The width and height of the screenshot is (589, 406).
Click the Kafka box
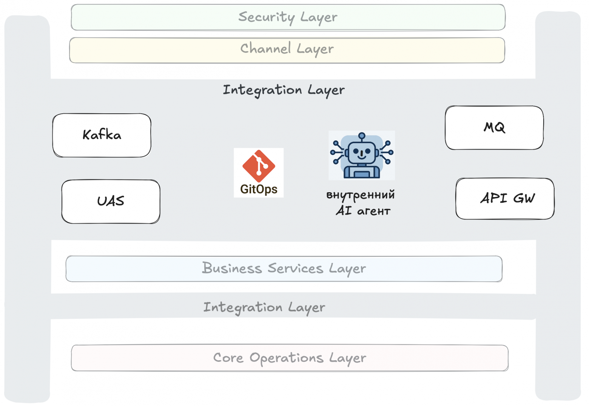click(102, 136)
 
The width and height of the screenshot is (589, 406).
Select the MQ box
click(494, 128)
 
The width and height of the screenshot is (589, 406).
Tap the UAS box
click(111, 202)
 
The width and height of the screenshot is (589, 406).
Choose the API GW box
click(505, 199)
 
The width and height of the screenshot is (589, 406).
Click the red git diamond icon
click(259, 166)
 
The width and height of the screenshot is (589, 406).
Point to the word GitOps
click(259, 189)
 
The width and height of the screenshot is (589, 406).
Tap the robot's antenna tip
click(362, 136)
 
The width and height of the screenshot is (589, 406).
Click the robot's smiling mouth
click(362, 157)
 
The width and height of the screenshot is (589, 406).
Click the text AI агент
click(363, 211)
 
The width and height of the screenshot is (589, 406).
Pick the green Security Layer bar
click(288, 17)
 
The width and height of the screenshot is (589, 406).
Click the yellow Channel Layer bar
click(287, 50)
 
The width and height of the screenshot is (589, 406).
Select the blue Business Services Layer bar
click(284, 269)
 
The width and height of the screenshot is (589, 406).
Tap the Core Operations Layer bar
click(290, 358)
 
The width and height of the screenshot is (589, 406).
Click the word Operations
click(287, 358)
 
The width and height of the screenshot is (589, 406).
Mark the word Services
click(296, 269)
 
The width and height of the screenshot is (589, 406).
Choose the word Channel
click(266, 48)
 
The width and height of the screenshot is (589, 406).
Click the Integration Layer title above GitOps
click(284, 91)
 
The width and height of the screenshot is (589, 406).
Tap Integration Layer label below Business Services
click(264, 308)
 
